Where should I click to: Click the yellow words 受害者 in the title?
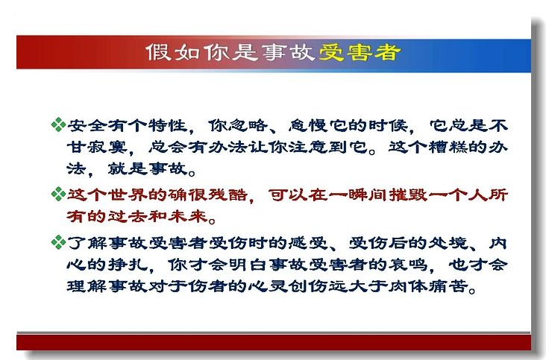pyautogui.click(x=360, y=52)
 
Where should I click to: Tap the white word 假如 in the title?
pyautogui.click(x=173, y=52)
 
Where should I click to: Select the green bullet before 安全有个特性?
pyautogui.click(x=58, y=125)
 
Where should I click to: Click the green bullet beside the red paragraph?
pyautogui.click(x=58, y=194)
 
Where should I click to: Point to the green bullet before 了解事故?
pyautogui.click(x=58, y=242)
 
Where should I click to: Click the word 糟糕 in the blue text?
pyautogui.click(x=448, y=147)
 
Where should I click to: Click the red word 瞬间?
pyautogui.click(x=368, y=195)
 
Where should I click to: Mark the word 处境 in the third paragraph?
pyautogui.click(x=448, y=243)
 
